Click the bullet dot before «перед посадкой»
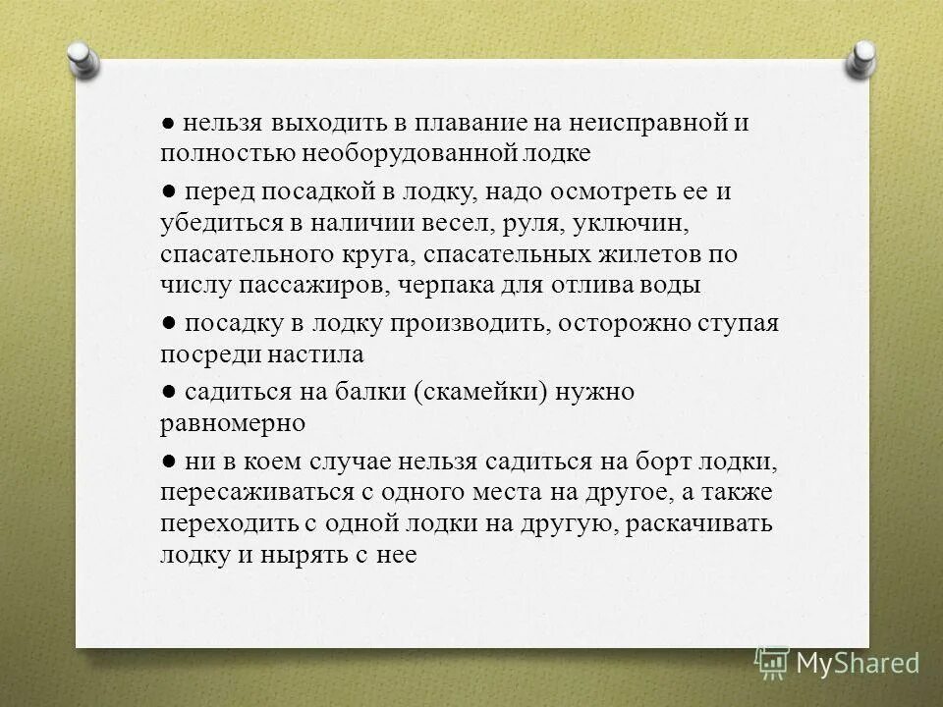pos(169,190)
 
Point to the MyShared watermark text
pos(857,664)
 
